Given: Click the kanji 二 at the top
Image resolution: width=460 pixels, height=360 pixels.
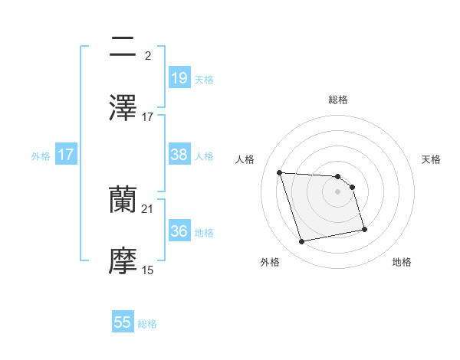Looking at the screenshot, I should [123, 47].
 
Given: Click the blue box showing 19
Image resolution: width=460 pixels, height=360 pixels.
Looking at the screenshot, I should [179, 77].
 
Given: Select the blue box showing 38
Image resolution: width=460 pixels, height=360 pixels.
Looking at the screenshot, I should [179, 155].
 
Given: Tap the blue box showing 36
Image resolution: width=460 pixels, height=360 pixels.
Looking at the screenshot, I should [179, 231].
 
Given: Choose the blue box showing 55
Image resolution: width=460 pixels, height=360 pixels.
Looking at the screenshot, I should [123, 322].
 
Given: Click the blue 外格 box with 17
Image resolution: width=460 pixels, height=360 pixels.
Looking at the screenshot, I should [66, 155].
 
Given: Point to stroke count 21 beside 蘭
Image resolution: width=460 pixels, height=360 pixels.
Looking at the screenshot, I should [148, 208].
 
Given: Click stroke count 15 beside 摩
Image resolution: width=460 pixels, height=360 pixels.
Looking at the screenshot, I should [148, 270].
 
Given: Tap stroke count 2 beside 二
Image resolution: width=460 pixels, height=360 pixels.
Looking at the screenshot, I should [147, 56].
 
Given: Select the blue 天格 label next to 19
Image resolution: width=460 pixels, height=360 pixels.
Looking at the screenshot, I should [204, 79].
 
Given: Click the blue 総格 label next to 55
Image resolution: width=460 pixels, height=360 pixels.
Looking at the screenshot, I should [147, 324].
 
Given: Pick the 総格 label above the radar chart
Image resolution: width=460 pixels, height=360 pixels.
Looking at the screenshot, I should [338, 100].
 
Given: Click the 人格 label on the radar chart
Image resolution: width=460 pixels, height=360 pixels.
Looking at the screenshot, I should [246, 159].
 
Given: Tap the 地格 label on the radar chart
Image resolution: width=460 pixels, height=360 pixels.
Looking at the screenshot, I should [402, 263].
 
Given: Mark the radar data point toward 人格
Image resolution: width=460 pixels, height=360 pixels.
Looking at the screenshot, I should [280, 172].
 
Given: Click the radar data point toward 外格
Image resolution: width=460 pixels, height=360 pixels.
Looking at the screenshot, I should [302, 242].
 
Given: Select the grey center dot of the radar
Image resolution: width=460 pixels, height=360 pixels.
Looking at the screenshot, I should [338, 191].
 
